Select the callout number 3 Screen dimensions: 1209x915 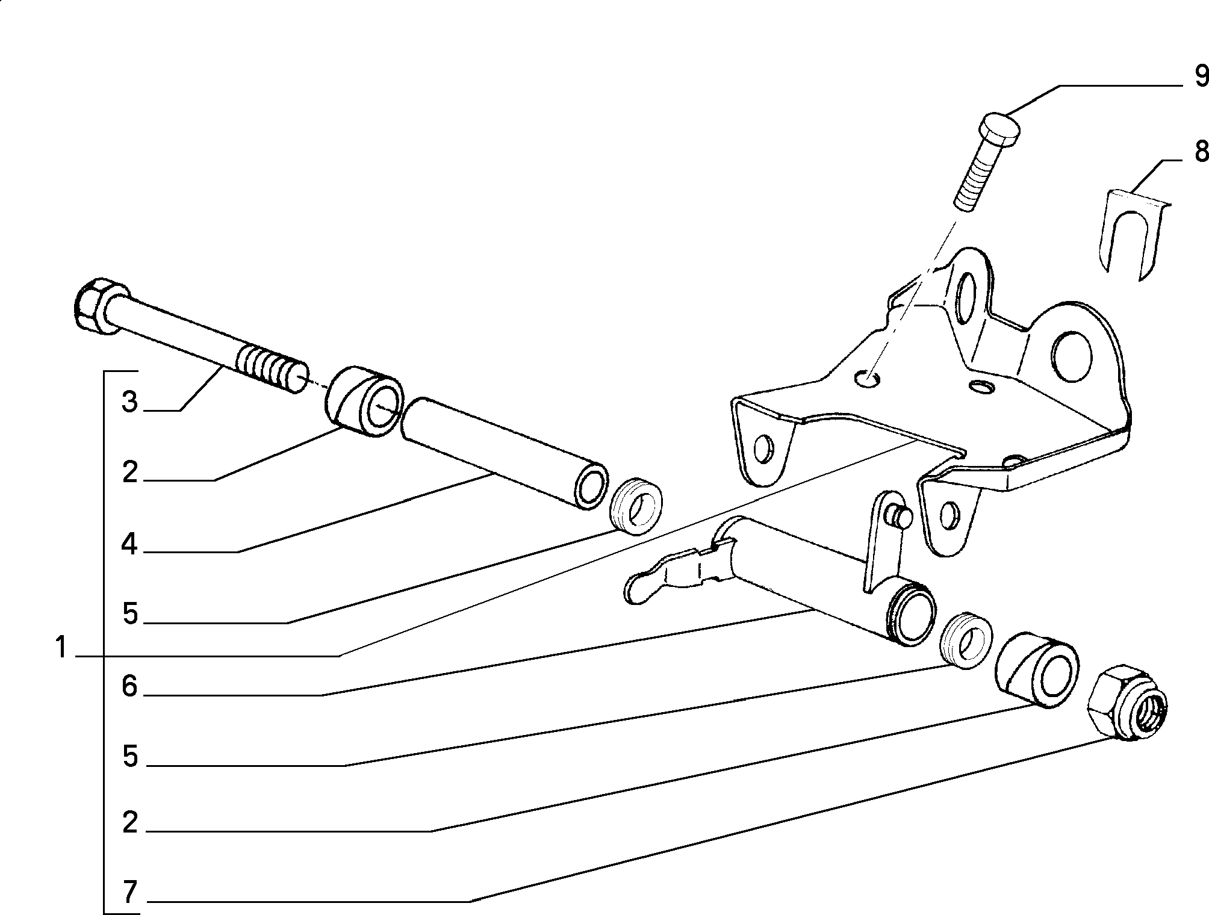click(129, 402)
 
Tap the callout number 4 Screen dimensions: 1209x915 click(129, 545)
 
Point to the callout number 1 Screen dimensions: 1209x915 click(60, 648)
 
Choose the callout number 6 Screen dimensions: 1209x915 click(130, 686)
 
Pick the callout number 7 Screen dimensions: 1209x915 click(130, 892)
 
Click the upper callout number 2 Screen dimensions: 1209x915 click(129, 473)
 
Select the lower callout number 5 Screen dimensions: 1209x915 click(130, 756)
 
